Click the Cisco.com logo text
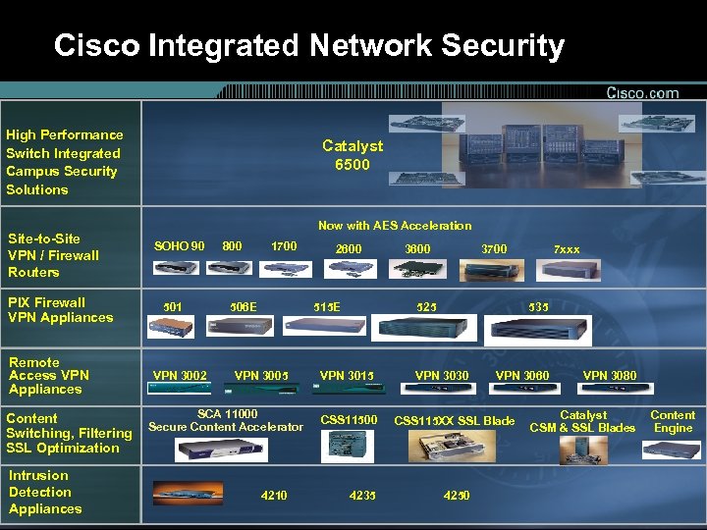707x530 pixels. [x=642, y=93]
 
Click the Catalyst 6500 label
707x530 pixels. [x=353, y=155]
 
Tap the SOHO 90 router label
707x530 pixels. [x=180, y=245]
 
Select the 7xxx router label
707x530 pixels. [x=567, y=249]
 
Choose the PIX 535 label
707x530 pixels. [x=539, y=306]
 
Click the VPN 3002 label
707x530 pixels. [x=180, y=375]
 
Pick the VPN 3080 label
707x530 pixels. [x=610, y=375]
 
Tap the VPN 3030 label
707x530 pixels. [x=442, y=375]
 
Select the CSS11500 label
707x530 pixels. [x=349, y=421]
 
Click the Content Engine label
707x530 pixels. [x=673, y=421]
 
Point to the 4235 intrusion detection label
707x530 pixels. [x=362, y=496]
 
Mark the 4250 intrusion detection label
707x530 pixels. [x=457, y=496]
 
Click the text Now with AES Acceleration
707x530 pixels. [x=395, y=226]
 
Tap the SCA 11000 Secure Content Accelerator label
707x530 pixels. [x=226, y=420]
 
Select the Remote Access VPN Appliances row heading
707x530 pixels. [x=48, y=376]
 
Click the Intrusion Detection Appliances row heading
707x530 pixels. [x=45, y=492]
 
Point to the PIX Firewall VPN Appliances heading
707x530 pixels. [x=60, y=310]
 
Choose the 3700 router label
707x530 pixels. [x=494, y=249]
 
